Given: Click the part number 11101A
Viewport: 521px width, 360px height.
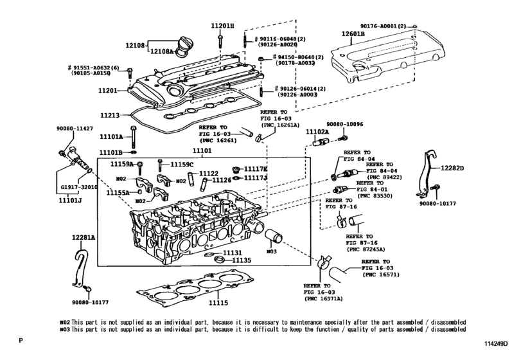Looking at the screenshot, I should [110, 136].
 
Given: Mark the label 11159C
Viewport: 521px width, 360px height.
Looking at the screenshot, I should [182, 165].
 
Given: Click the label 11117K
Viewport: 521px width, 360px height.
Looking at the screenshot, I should [256, 169].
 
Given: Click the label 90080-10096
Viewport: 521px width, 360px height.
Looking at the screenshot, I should [344, 125].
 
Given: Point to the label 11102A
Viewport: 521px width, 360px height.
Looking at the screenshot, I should [317, 131].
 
